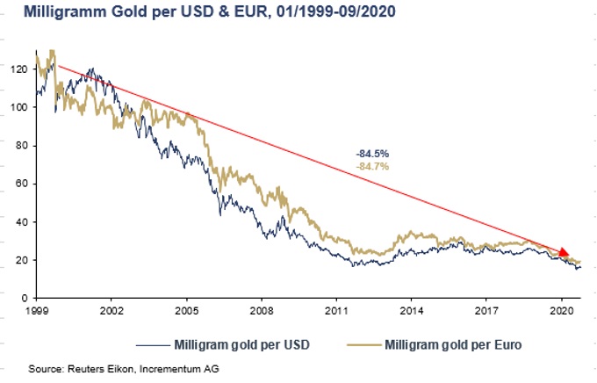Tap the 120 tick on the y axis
pyautogui.click(x=18, y=69)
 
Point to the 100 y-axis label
pyautogui.click(x=18, y=107)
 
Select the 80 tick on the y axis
pyautogui.click(x=21, y=146)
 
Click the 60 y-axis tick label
pyautogui.click(x=21, y=184)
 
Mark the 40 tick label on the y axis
pyautogui.click(x=21, y=222)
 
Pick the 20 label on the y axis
pyautogui.click(x=21, y=260)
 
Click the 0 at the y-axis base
pyautogui.click(x=24, y=299)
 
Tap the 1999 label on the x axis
pyautogui.click(x=36, y=311)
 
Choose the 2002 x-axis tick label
pyautogui.click(x=111, y=311)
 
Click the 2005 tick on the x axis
pyautogui.click(x=186, y=311)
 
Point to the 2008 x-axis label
pyautogui.click(x=261, y=311)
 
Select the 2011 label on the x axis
pyautogui.click(x=336, y=311)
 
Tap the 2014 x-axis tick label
pyautogui.click(x=411, y=311)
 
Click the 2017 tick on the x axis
pyautogui.click(x=486, y=311)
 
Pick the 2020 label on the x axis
pyautogui.click(x=561, y=311)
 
